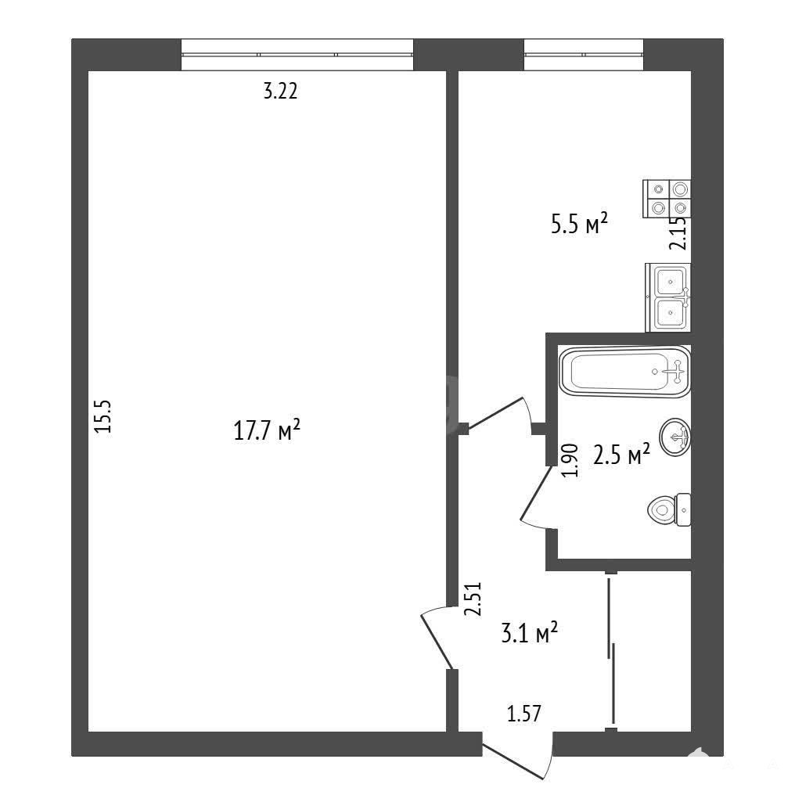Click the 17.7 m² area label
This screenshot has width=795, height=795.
tap(267, 430)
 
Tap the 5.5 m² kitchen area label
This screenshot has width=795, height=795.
tap(579, 224)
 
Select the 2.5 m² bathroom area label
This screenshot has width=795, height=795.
tap(621, 455)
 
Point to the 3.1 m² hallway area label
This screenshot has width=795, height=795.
tap(529, 633)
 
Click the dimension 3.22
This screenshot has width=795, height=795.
tap(280, 92)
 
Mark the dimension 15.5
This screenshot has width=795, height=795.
tap(103, 416)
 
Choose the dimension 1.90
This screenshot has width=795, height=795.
tap(570, 460)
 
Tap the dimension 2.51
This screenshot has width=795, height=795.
tap(473, 599)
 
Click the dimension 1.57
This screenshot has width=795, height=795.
tap(524, 714)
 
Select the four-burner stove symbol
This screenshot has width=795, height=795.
tap(666, 199)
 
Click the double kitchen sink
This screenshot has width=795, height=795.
tap(667, 297)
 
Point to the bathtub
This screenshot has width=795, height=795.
tap(624, 372)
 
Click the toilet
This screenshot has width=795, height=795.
tap(669, 509)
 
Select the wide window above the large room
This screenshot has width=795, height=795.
tap(297, 54)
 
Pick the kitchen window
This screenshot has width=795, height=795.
tap(584, 54)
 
